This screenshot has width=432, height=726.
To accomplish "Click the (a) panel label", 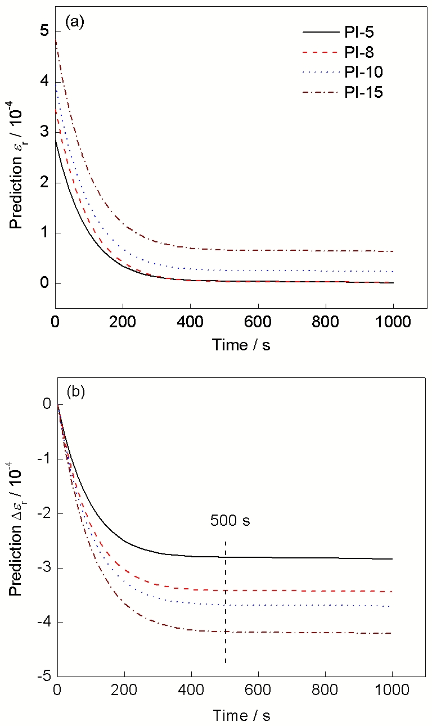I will point(75,22).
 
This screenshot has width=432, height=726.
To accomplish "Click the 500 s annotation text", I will point(230,521).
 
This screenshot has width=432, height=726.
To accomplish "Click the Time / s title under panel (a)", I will point(241,345).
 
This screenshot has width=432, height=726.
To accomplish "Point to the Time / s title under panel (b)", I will point(241,715).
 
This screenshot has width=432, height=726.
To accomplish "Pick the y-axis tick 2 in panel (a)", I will point(44,183).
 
